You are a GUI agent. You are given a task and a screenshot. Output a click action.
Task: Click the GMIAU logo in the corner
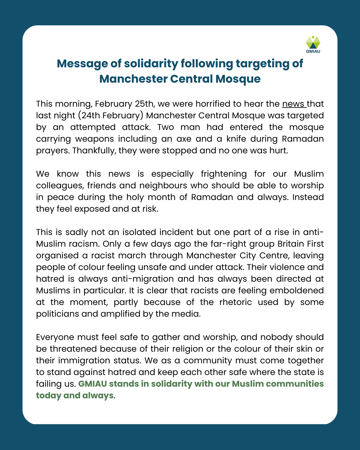[313, 44]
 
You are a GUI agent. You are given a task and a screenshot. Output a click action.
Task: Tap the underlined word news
[293, 104]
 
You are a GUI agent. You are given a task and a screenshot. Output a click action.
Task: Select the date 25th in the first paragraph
[144, 104]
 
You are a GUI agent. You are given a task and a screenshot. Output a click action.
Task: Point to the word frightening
[224, 174]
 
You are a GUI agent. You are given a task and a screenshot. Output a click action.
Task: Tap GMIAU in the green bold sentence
[93, 384]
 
